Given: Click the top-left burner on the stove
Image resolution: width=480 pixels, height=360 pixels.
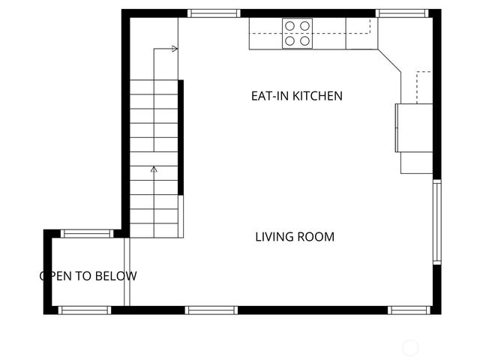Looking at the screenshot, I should [x=289, y=26].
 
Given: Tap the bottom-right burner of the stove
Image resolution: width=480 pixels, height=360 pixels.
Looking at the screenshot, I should [x=304, y=41].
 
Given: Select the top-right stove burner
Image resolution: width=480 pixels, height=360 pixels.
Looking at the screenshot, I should [x=304, y=26].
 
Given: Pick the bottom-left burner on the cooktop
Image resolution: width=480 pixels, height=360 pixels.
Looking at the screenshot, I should [x=289, y=41].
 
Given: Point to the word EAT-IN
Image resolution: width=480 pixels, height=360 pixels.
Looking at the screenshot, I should [x=269, y=96].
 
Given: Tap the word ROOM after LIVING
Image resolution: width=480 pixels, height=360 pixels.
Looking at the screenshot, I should [x=316, y=237].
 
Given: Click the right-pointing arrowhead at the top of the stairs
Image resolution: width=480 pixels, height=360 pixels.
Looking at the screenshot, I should [x=175, y=49].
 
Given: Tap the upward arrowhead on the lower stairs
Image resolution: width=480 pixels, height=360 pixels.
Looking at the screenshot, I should [x=154, y=169].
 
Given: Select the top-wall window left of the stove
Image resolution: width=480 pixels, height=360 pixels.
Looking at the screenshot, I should [x=214, y=13].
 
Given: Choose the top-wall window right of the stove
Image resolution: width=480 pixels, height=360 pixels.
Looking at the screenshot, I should [x=402, y=13].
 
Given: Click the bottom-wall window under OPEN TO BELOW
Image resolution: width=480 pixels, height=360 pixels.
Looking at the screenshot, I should [x=85, y=310].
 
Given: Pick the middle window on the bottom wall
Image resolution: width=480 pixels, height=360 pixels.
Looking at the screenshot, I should [x=211, y=310].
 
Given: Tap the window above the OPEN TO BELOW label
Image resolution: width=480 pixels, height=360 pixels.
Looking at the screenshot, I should [x=87, y=233].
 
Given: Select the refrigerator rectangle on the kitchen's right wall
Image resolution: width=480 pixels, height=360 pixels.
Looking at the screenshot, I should [x=414, y=127].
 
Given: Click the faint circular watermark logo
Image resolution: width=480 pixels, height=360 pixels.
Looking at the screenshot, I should [x=410, y=346].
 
